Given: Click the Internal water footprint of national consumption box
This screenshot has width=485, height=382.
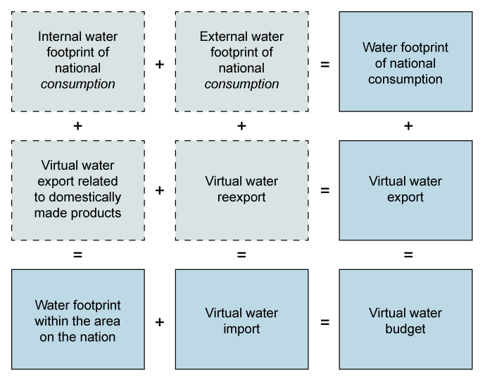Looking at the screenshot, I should [77, 61].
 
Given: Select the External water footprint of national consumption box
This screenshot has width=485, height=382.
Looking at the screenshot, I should [241, 61].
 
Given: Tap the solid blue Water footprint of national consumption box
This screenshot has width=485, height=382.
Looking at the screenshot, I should [405, 61].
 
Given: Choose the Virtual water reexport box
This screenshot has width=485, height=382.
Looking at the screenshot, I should [241, 190].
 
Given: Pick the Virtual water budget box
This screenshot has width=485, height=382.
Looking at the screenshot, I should [405, 320].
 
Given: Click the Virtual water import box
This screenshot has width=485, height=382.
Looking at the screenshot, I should [241, 320].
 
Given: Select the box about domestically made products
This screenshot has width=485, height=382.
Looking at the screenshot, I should [77, 190].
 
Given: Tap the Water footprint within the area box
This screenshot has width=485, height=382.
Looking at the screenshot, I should [77, 320].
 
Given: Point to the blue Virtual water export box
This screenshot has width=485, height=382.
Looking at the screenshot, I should [405, 190].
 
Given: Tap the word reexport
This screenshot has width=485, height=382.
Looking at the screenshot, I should [241, 197].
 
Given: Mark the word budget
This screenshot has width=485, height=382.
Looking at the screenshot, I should [405, 329].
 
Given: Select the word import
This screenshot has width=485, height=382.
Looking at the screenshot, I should [241, 329].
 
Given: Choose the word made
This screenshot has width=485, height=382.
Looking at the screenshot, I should [48, 213].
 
